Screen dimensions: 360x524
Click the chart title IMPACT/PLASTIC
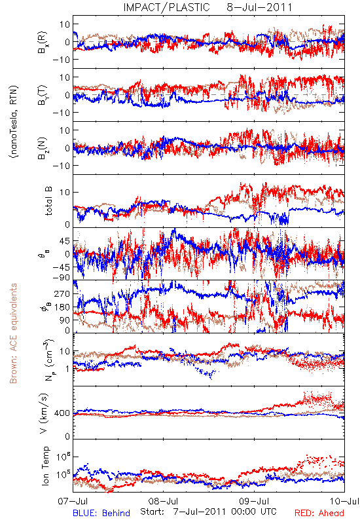click(166, 7)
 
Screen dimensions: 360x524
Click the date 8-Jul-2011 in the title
click(259, 7)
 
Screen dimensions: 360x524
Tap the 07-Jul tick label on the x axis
click(73, 501)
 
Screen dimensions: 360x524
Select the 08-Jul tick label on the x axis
click(163, 501)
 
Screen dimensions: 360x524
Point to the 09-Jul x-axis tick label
click(254, 501)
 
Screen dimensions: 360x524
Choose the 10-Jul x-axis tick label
click(344, 501)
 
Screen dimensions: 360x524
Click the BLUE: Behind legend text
click(101, 513)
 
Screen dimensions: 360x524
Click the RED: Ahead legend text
click(319, 513)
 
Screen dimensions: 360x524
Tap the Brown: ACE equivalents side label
click(13, 333)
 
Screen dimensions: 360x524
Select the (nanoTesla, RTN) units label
click(14, 122)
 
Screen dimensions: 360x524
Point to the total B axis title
click(48, 201)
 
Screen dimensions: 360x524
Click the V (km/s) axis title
click(44, 413)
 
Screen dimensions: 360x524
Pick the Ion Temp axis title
click(45, 466)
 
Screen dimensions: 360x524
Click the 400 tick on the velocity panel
click(63, 413)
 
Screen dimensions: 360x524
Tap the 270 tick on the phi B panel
click(63, 293)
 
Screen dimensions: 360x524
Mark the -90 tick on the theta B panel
click(62, 278)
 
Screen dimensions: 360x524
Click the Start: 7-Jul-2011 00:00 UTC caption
click(208, 512)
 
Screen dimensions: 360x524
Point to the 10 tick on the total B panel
click(65, 192)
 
